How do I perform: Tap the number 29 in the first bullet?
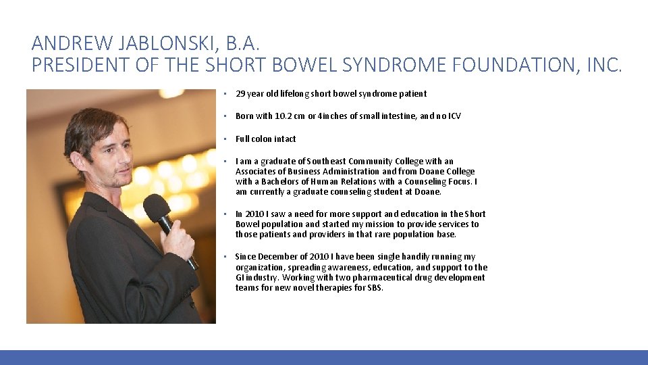tap(240, 94)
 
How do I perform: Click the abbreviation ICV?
tap(454, 116)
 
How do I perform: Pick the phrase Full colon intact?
tap(265, 139)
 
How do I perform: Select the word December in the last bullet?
tap(278, 257)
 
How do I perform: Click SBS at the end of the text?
tap(375, 288)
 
